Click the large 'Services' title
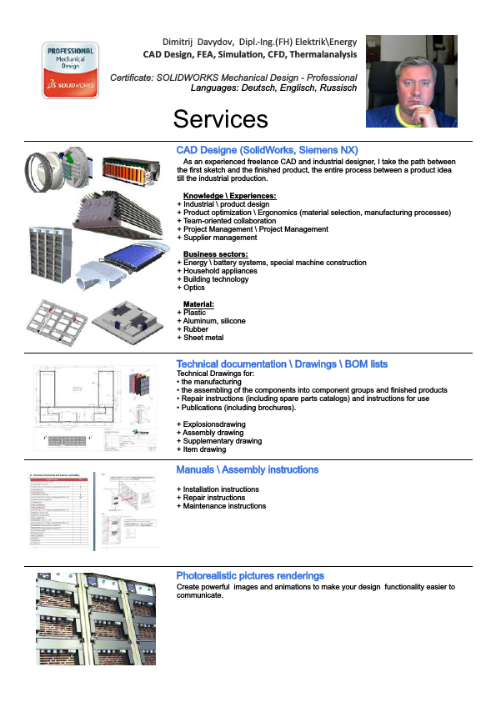coord(233,118)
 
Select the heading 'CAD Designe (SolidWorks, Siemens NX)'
coord(267,150)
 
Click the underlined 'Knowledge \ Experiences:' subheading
coord(229,196)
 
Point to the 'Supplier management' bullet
coord(220,238)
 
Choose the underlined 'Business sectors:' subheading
coord(216,254)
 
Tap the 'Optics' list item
coord(193,288)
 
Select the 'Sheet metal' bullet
coord(203,338)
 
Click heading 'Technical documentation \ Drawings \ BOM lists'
coord(282,364)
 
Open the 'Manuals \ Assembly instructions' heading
coord(247,470)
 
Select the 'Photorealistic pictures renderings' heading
coord(250,576)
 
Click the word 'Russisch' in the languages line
coord(337,87)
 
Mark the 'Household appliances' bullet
coord(220,271)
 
